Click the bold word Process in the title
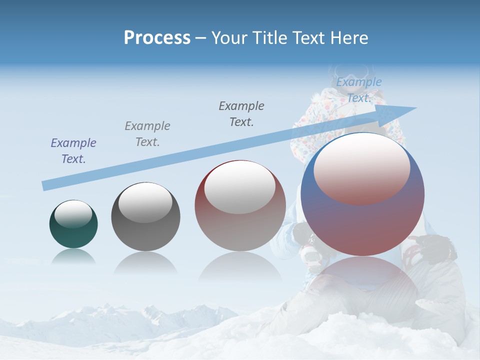(x=157, y=37)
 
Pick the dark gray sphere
(x=145, y=217)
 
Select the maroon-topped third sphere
(x=240, y=206)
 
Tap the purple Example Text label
(x=73, y=150)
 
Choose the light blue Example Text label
(x=359, y=90)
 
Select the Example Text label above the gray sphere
(x=147, y=133)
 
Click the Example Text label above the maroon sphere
(x=241, y=113)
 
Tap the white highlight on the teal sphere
(x=73, y=213)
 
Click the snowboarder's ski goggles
(x=352, y=70)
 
